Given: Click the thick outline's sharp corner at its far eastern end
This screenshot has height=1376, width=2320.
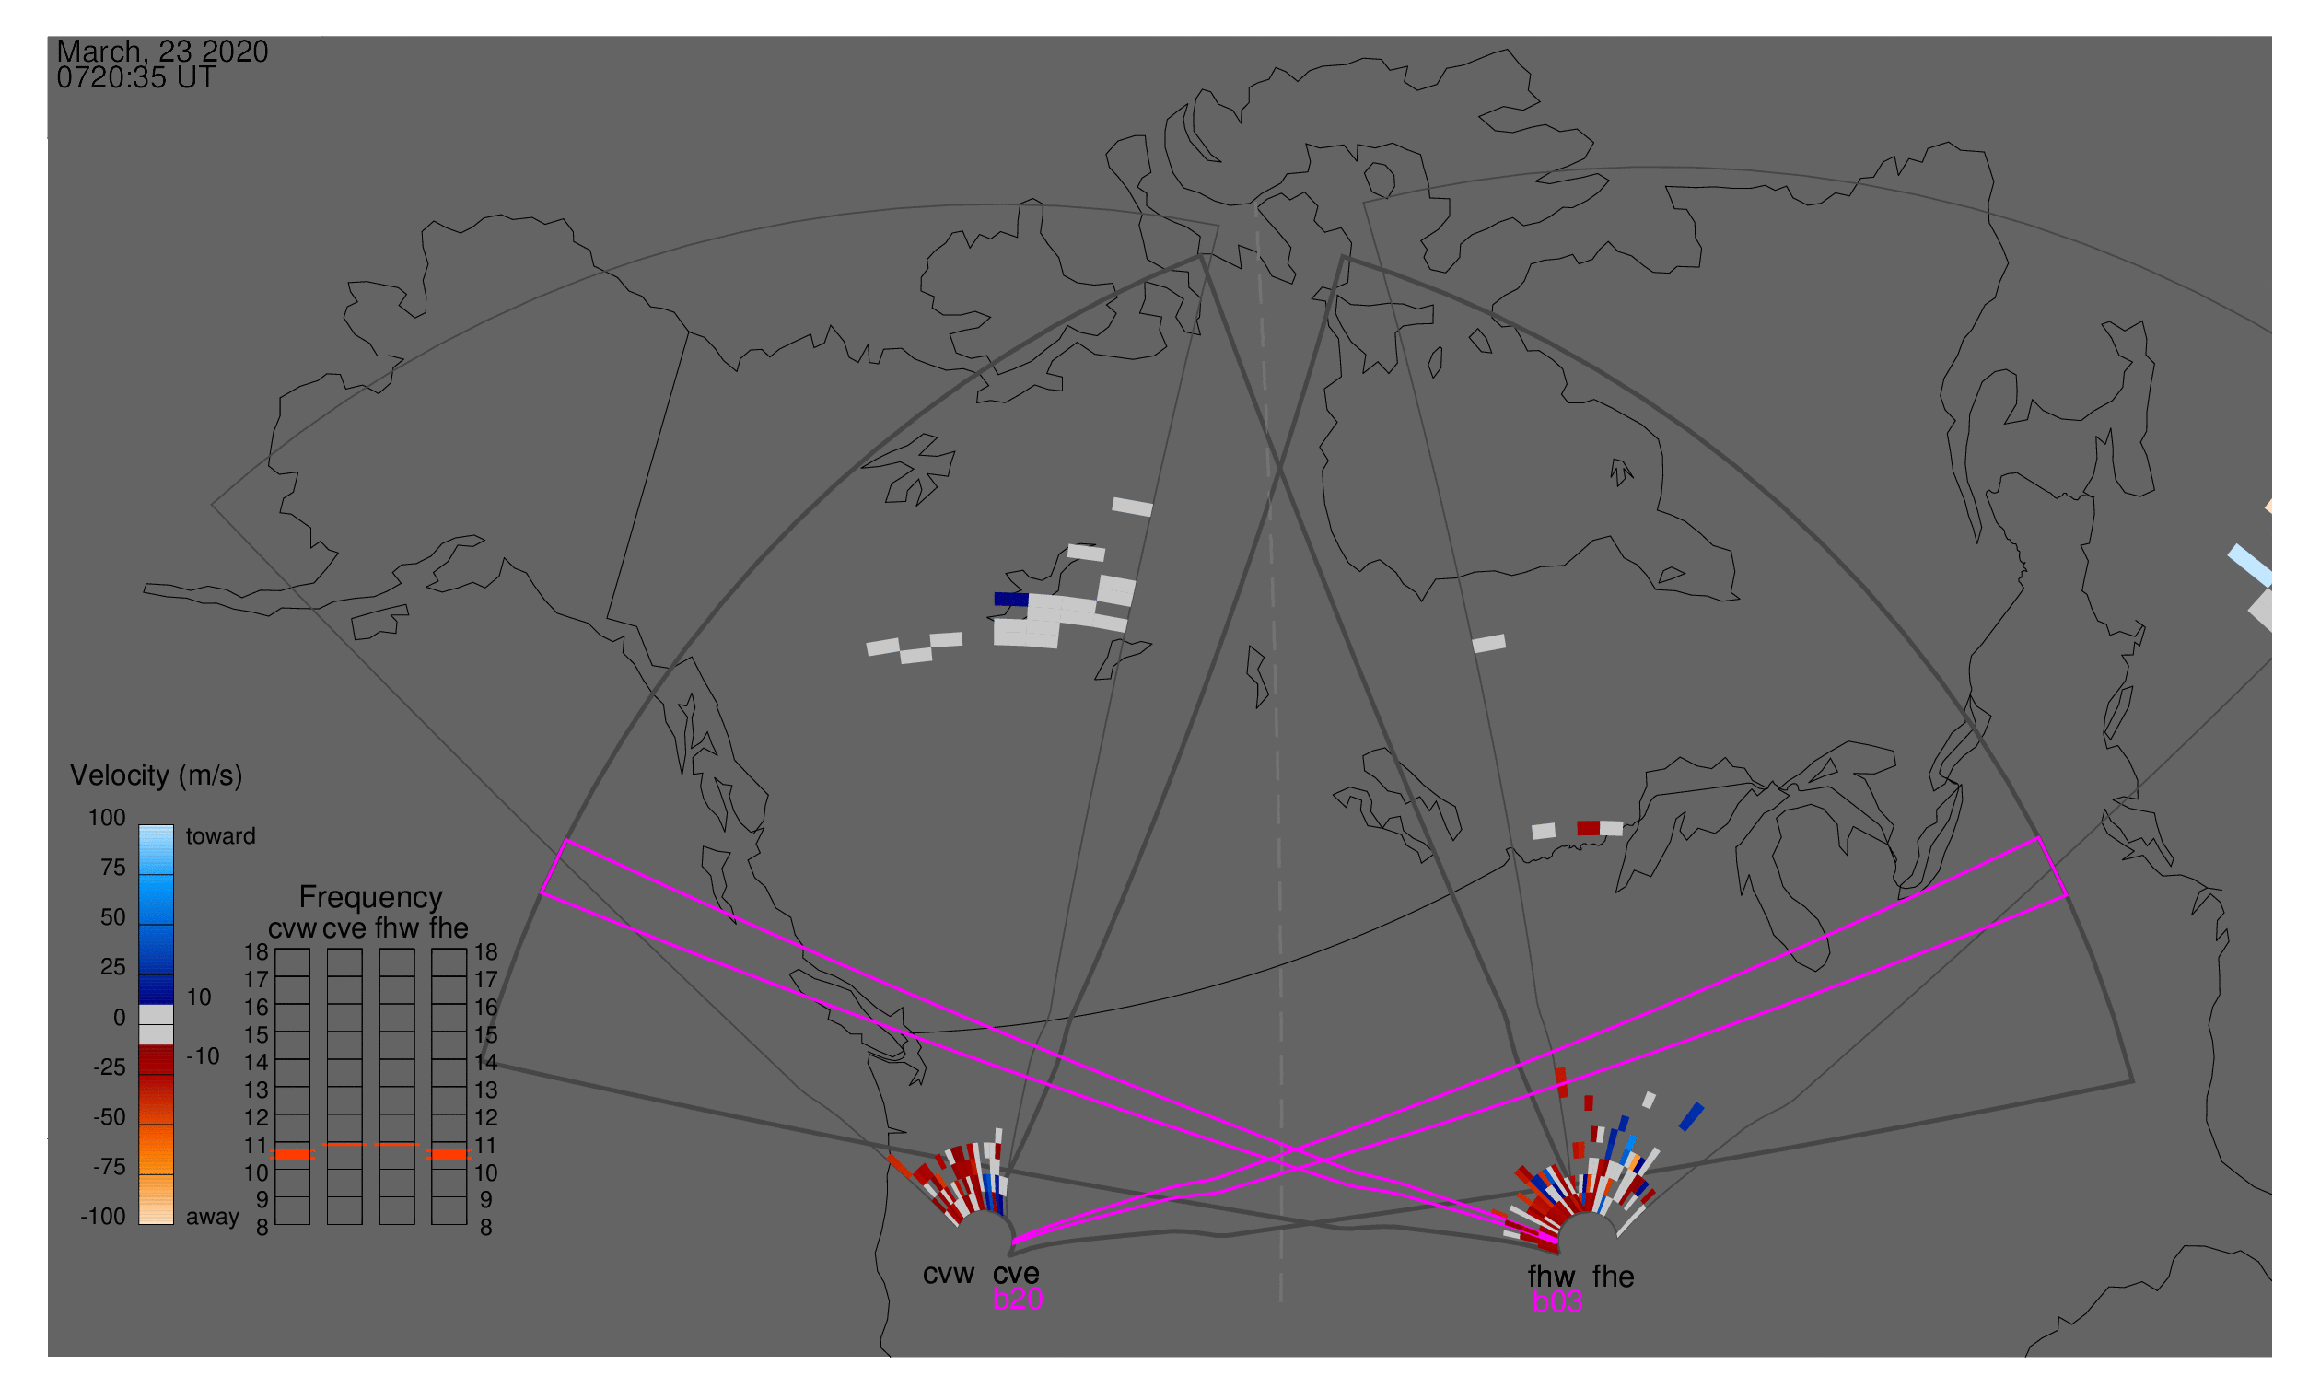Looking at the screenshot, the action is [2133, 1082].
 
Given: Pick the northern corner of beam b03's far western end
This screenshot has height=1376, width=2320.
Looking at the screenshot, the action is [566, 840].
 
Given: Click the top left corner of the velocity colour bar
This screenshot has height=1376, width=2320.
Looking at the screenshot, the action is [139, 825].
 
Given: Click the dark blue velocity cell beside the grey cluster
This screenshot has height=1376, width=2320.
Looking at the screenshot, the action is [1010, 600].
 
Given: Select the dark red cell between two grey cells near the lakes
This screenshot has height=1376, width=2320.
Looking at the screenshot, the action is [1589, 828].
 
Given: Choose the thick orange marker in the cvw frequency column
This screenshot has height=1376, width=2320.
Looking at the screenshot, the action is [293, 1154].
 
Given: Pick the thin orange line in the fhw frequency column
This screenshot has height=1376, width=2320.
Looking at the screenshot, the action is [397, 1144].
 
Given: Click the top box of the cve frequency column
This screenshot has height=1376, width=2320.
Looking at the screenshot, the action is [344, 962].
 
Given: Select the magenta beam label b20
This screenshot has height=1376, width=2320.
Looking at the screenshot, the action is [1017, 1299].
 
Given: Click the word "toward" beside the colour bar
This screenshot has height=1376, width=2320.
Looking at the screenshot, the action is [221, 836].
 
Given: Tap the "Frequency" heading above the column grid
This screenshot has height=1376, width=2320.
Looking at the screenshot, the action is [371, 898].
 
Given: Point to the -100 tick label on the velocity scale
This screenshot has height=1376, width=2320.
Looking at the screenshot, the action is [103, 1217].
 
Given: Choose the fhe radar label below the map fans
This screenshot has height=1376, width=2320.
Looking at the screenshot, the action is [1614, 1277].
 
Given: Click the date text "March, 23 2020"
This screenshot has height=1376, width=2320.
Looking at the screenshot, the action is [162, 51].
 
